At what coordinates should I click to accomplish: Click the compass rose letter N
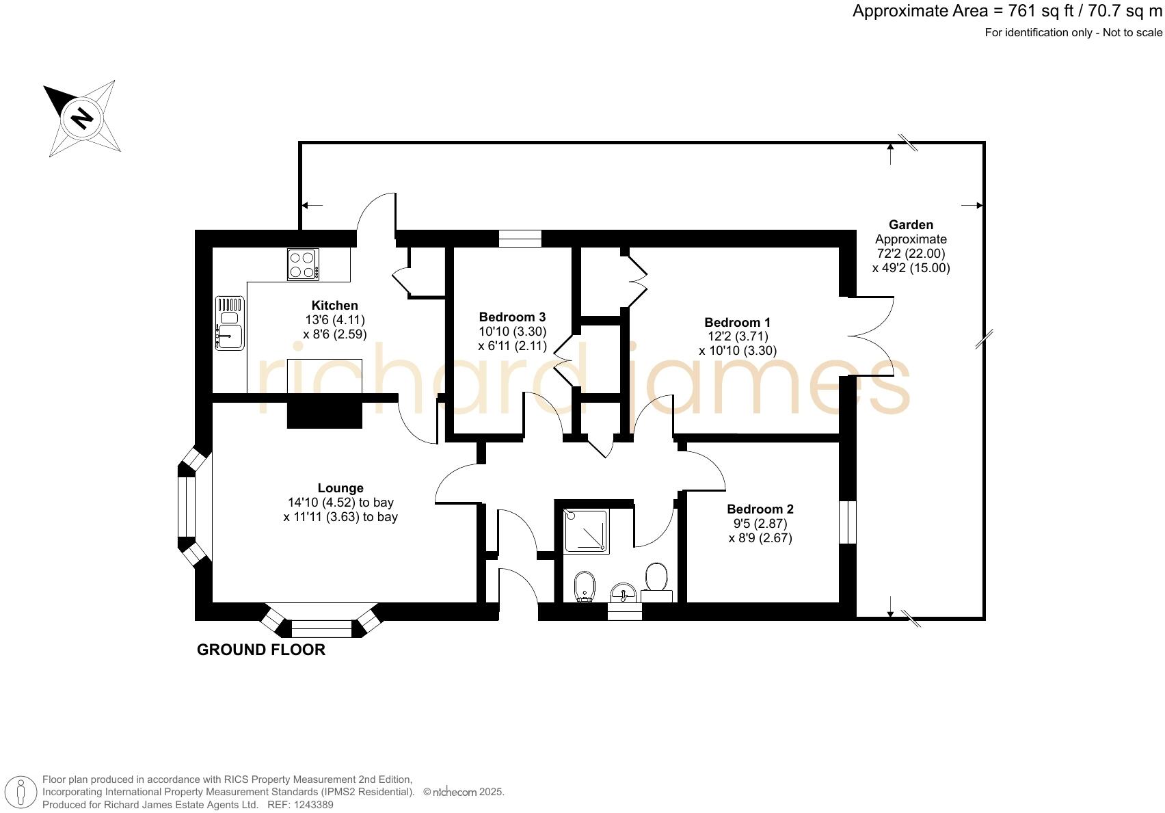[82, 118]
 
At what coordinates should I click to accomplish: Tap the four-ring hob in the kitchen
[303, 265]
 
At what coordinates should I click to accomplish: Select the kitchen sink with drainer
[230, 323]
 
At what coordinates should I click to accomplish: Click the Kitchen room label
[334, 306]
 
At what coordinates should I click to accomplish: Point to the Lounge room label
[340, 488]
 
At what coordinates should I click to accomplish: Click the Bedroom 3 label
[512, 317]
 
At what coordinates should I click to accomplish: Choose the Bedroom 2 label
[760, 509]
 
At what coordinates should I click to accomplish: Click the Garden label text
[910, 225]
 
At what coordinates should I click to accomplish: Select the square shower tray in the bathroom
[585, 530]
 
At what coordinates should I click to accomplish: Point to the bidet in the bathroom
[585, 587]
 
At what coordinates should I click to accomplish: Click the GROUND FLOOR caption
[260, 650]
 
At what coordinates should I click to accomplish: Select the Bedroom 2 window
[847, 522]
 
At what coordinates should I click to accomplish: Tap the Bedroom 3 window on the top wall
[520, 239]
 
